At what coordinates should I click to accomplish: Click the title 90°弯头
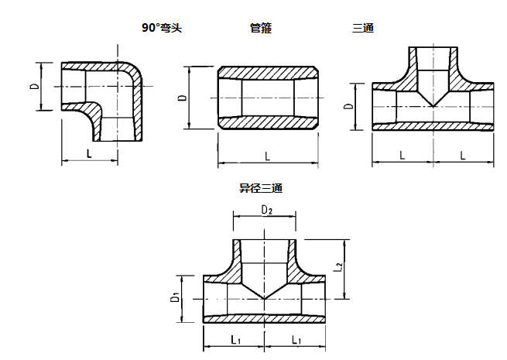(x=161, y=28)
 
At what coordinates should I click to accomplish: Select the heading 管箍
(x=261, y=28)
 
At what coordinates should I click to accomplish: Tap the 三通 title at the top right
(x=363, y=28)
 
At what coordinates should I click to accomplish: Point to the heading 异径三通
(x=261, y=188)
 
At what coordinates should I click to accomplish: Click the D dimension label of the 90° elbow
(x=35, y=85)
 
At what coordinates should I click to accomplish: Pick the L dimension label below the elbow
(x=90, y=153)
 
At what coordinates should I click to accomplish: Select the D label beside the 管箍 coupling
(x=181, y=98)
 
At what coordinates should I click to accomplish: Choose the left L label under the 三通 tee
(x=403, y=155)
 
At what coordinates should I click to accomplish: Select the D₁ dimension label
(x=176, y=297)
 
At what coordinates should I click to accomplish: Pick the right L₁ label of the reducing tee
(x=295, y=340)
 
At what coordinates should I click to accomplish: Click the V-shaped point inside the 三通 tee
(x=433, y=105)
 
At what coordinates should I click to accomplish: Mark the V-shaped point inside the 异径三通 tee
(x=265, y=297)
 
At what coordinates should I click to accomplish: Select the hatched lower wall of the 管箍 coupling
(x=267, y=123)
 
